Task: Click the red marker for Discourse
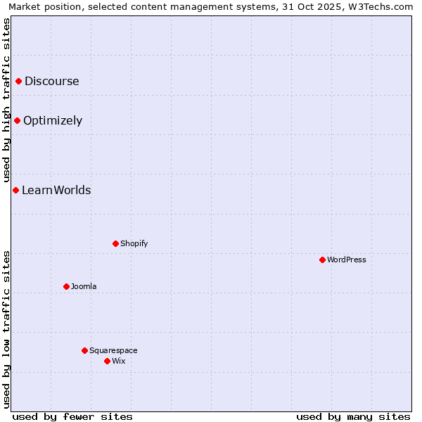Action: (x=19, y=81)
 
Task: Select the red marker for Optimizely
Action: (x=18, y=120)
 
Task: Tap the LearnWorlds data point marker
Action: (x=15, y=190)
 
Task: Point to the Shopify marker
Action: (x=115, y=243)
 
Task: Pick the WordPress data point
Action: (x=322, y=260)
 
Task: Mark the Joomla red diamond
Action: (x=66, y=286)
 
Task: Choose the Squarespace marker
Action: (x=84, y=350)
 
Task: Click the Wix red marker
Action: (x=107, y=361)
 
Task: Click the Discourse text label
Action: (x=52, y=81)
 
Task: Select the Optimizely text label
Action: (x=53, y=121)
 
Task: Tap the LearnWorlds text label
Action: (x=56, y=190)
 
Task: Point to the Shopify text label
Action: (x=134, y=243)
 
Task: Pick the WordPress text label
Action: (x=347, y=260)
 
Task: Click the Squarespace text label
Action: (x=113, y=350)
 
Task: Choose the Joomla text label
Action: (x=84, y=286)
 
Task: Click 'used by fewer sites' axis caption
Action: (x=72, y=416)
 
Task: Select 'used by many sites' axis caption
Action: (x=353, y=416)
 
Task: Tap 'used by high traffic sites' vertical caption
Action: (x=6, y=100)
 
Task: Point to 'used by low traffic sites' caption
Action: (x=6, y=329)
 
